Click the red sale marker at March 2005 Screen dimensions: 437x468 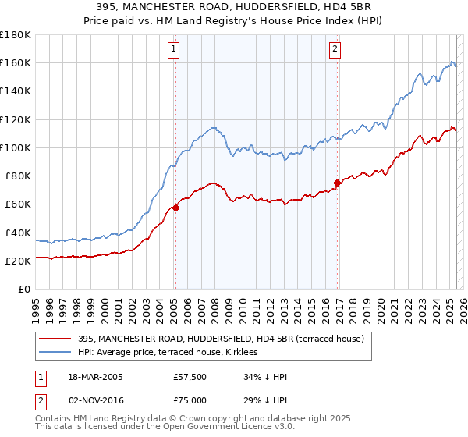coord(175,208)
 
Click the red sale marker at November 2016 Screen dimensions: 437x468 coord(337,183)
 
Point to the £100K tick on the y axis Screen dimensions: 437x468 coord(16,147)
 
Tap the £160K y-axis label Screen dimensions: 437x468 coord(16,62)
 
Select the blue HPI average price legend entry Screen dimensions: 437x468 coord(172,353)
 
